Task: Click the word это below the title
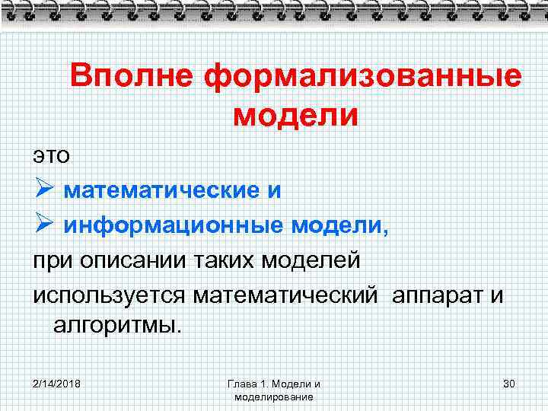click(51, 155)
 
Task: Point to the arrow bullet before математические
click(43, 190)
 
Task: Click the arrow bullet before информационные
click(43, 225)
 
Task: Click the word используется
click(110, 295)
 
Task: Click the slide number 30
click(509, 383)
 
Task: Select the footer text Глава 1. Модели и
click(275, 384)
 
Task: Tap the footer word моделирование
click(275, 397)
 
